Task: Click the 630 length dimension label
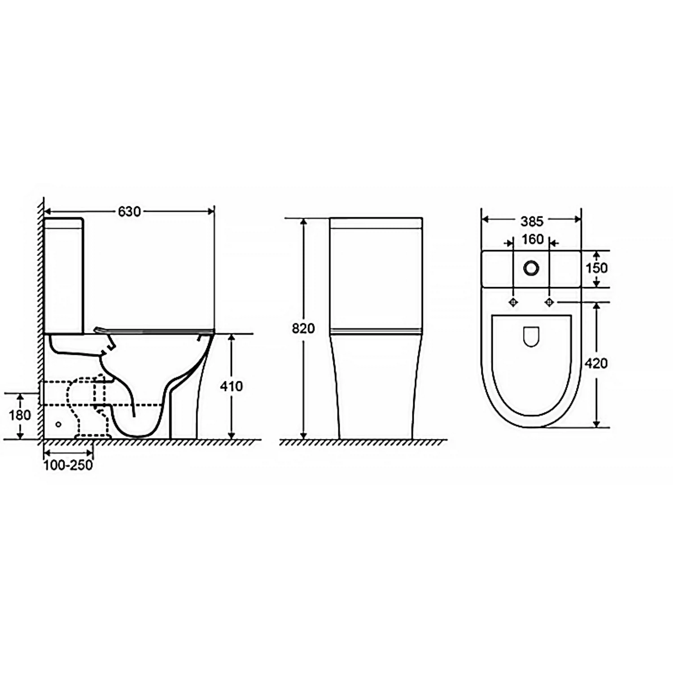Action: pyautogui.click(x=130, y=211)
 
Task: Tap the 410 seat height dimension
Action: pyautogui.click(x=232, y=386)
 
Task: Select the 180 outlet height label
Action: pyautogui.click(x=20, y=415)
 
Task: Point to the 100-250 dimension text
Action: pyautogui.click(x=68, y=465)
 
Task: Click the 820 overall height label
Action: pyautogui.click(x=303, y=328)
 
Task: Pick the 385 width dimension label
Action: pyautogui.click(x=532, y=221)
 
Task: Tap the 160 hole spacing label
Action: pyautogui.click(x=533, y=239)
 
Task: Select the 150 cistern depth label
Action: pyautogui.click(x=597, y=268)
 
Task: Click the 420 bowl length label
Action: pyautogui.click(x=596, y=363)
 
